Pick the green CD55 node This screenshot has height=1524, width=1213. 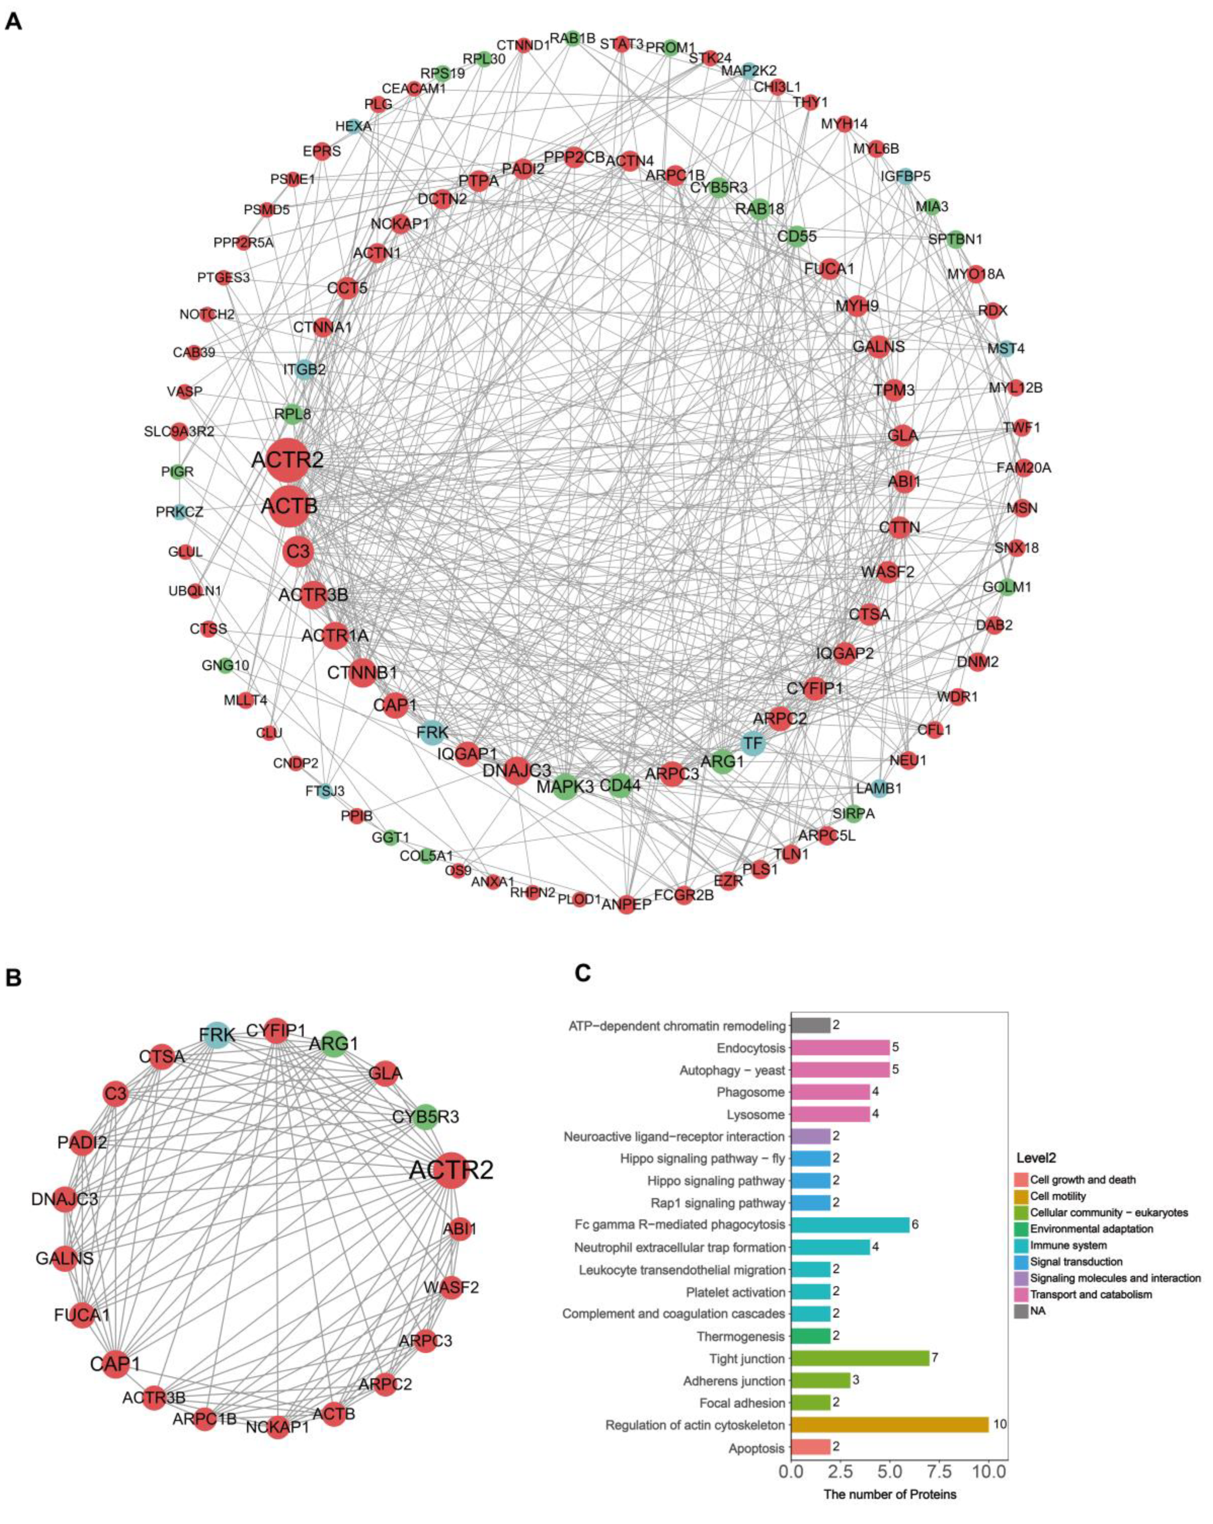pyautogui.click(x=797, y=235)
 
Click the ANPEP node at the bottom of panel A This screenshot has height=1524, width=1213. pyautogui.click(x=626, y=904)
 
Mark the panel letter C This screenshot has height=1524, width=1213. pyautogui.click(x=583, y=973)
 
